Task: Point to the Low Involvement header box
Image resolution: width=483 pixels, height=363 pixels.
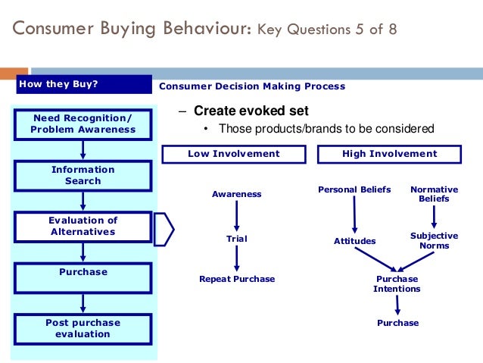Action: (233, 154)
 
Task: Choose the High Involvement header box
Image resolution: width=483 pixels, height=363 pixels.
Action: (389, 154)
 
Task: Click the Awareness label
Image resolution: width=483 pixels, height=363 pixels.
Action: (236, 194)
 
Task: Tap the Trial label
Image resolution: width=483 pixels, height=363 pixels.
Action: (236, 239)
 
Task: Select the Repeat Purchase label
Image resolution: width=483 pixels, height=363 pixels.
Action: (236, 279)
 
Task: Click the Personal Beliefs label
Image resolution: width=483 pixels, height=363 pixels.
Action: (354, 189)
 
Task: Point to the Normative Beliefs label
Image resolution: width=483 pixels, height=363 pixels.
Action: (434, 194)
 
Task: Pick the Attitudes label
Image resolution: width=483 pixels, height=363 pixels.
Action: (354, 241)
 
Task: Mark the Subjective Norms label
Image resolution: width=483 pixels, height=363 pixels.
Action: (434, 241)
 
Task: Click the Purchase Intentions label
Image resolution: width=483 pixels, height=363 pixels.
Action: (397, 283)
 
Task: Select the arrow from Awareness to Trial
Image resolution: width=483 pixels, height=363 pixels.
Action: (236, 216)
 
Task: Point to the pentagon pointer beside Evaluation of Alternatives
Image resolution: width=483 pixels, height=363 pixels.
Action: (164, 229)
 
